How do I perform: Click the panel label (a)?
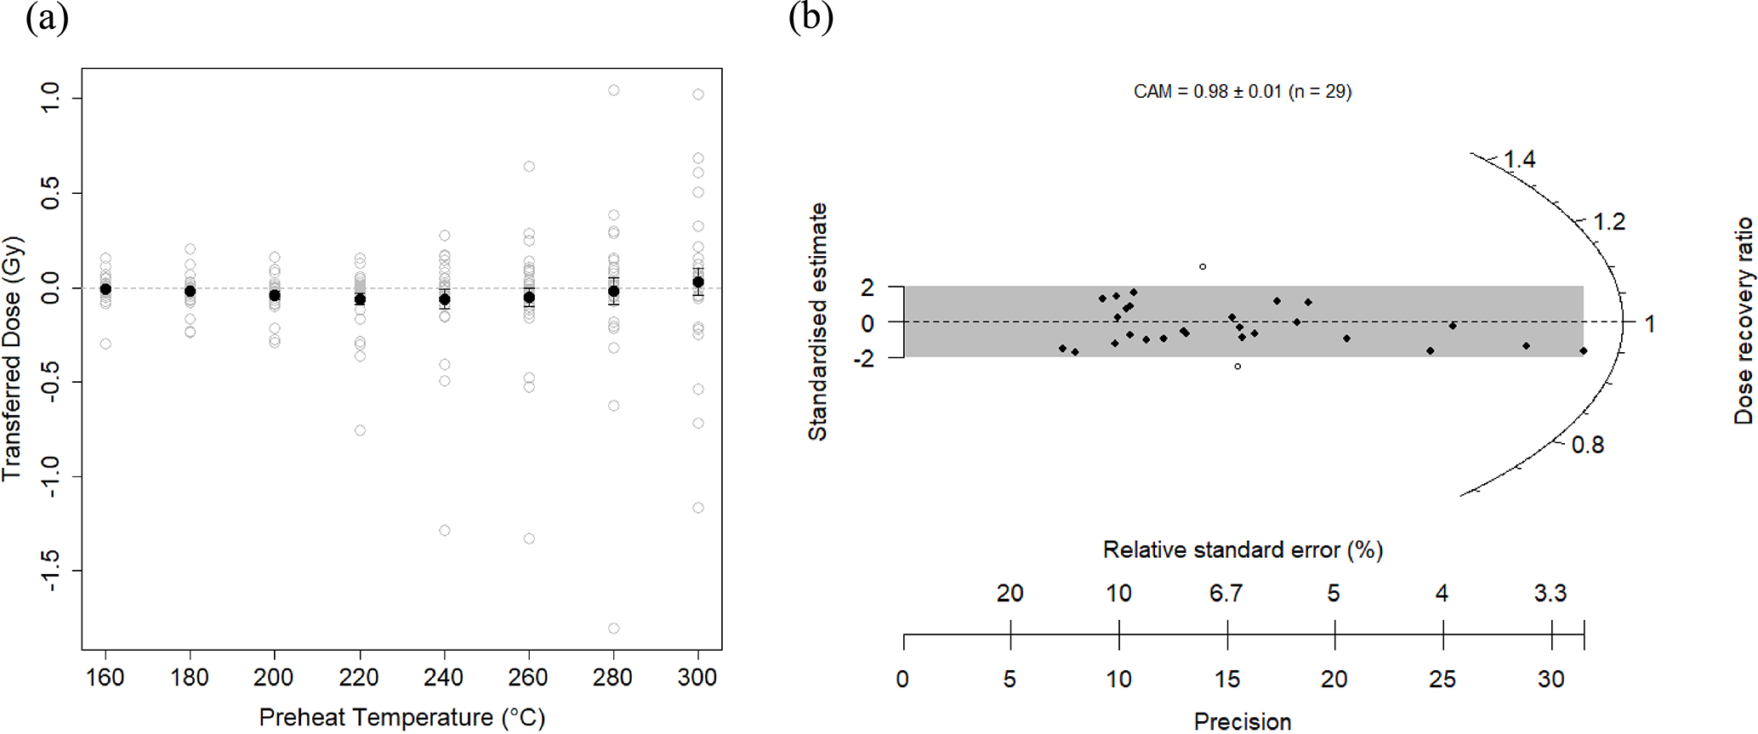(47, 18)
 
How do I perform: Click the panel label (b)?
(810, 18)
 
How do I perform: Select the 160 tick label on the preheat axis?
(105, 678)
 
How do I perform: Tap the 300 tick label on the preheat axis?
(697, 678)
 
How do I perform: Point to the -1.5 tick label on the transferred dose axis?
(50, 571)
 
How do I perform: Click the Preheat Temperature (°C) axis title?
(401, 718)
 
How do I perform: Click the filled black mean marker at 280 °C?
(613, 291)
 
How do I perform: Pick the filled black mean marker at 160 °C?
(105, 289)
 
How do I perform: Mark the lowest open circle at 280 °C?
(613, 629)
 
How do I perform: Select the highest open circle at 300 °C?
(698, 94)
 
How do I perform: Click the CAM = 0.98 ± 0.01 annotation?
(1242, 92)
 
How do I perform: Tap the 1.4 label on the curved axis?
(1519, 160)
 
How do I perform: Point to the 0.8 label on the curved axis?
(1587, 445)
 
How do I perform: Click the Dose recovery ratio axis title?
(1744, 321)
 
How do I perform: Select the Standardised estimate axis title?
(817, 321)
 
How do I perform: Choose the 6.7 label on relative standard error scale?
(1226, 593)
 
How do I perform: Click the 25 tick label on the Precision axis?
(1442, 680)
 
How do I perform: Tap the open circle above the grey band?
(1203, 267)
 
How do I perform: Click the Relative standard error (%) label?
(1243, 550)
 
